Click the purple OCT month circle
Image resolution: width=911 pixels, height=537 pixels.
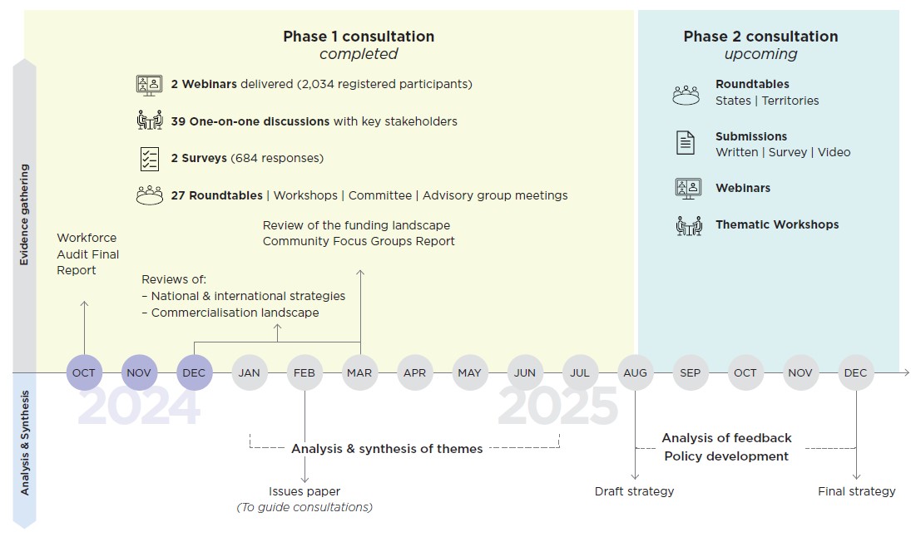(x=84, y=372)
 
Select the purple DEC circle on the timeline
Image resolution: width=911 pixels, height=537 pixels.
(x=194, y=372)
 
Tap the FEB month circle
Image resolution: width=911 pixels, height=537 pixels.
(x=304, y=372)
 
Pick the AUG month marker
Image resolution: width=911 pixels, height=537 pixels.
(x=635, y=372)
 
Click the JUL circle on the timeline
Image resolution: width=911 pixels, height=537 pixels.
(x=580, y=372)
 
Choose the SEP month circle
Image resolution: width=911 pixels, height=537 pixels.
(x=690, y=372)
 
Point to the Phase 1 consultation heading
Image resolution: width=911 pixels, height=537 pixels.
(x=359, y=37)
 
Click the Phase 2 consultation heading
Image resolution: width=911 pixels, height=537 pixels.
(x=760, y=37)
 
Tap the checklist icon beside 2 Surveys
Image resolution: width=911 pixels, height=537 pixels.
(x=149, y=158)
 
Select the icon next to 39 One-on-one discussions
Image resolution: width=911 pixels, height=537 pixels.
(x=149, y=121)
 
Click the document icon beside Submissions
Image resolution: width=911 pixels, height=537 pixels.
(x=685, y=143)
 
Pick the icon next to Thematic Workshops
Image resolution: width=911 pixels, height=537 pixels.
(x=687, y=224)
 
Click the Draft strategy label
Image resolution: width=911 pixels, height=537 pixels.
(x=634, y=491)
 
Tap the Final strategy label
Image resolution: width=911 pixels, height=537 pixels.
(x=856, y=491)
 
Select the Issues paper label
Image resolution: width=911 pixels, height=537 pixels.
(x=304, y=491)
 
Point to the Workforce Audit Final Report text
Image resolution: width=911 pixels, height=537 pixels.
(x=87, y=254)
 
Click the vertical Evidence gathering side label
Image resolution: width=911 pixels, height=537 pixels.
(x=25, y=214)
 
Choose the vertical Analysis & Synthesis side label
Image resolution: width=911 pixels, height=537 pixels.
(x=25, y=443)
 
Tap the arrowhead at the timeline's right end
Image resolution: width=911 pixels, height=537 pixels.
(x=905, y=372)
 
